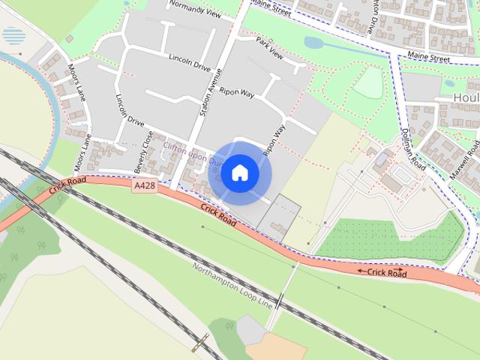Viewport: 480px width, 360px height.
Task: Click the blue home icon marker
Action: (x=240, y=173)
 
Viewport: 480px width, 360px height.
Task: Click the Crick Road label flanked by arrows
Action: (x=382, y=273)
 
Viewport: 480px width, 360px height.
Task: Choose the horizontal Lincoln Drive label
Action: (x=190, y=62)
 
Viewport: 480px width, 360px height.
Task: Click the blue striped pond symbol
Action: (x=13, y=36)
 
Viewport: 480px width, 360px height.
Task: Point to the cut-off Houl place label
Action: (x=466, y=97)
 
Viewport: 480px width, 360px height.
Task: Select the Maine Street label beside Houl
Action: (x=428, y=56)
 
